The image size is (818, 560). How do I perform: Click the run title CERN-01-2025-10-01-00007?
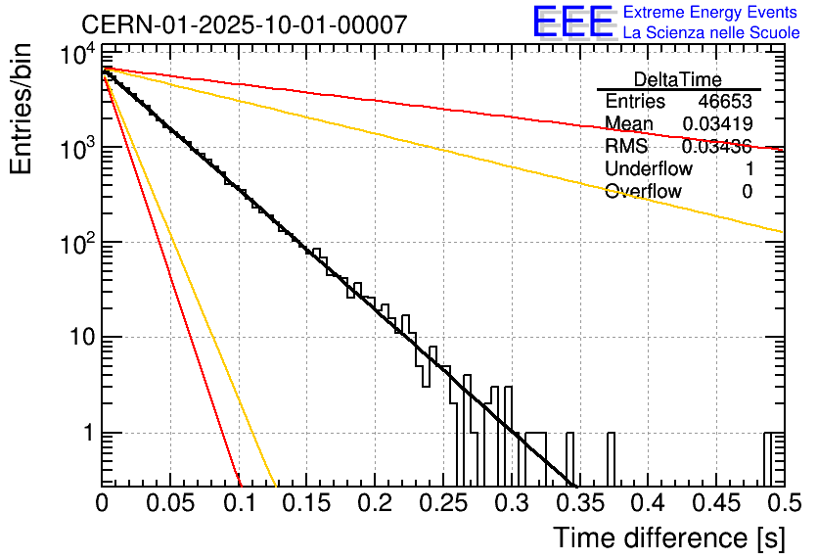[244, 24]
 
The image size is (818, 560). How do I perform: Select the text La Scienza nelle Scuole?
[711, 32]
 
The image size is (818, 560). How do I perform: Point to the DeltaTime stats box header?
[678, 79]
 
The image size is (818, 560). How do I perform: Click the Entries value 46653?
[725, 102]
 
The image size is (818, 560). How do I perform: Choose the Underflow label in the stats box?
[648, 169]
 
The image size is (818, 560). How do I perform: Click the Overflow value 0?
[747, 192]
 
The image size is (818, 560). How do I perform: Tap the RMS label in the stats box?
[626, 147]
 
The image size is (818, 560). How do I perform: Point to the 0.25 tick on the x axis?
[442, 503]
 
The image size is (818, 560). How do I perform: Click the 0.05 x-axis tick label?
[170, 503]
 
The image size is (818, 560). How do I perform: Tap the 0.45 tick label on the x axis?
[715, 503]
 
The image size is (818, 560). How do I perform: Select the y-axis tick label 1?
[86, 434]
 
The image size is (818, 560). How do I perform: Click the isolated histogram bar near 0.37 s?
[612, 458]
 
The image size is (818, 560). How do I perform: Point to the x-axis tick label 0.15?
[306, 503]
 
